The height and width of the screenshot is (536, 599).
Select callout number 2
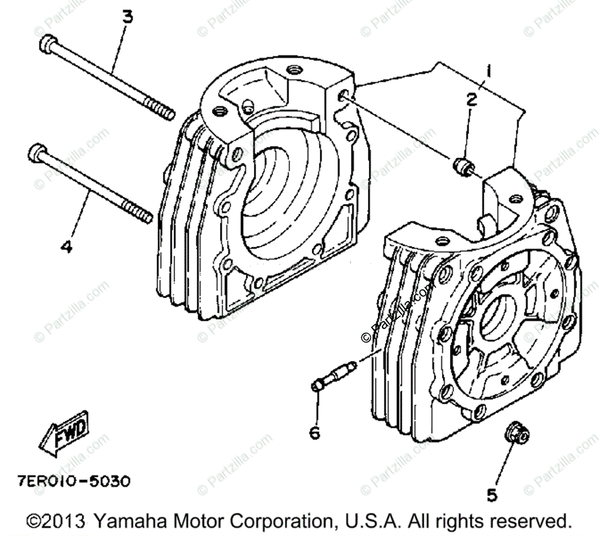point(472,100)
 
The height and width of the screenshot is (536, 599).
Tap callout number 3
point(128,17)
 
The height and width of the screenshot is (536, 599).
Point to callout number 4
point(66,246)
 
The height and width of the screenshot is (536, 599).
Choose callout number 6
point(314,433)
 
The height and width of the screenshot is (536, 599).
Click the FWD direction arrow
point(64,434)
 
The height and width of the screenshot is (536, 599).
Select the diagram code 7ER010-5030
point(71,482)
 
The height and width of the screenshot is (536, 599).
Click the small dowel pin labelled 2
point(462,165)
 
